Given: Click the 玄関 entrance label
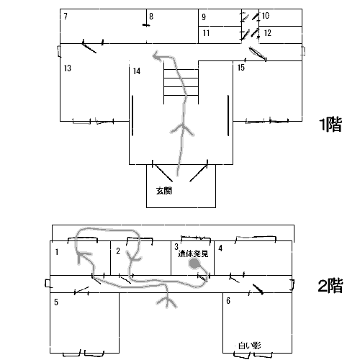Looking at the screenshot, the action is [164, 191].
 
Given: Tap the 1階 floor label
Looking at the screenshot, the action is [330, 125].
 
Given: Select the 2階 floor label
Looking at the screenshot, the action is [330, 286].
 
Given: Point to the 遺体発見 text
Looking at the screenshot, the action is [193, 253].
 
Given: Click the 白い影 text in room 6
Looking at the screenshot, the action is [250, 346].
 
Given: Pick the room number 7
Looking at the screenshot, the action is [66, 17].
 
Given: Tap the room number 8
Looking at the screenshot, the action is [151, 16].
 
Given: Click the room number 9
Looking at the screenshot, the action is [204, 17].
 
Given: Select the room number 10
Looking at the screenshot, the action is [266, 16].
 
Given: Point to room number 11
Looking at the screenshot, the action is [206, 33].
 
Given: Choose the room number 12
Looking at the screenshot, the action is [267, 33].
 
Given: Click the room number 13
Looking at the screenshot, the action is [68, 68].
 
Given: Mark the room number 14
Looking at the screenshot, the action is [137, 71].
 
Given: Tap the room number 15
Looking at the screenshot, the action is [241, 68].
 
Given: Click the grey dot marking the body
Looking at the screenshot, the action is [194, 264].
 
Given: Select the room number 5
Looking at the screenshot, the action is [56, 302].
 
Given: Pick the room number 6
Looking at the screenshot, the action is [228, 301].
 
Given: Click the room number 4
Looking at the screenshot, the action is [220, 248].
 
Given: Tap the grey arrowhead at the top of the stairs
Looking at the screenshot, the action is [158, 56].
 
